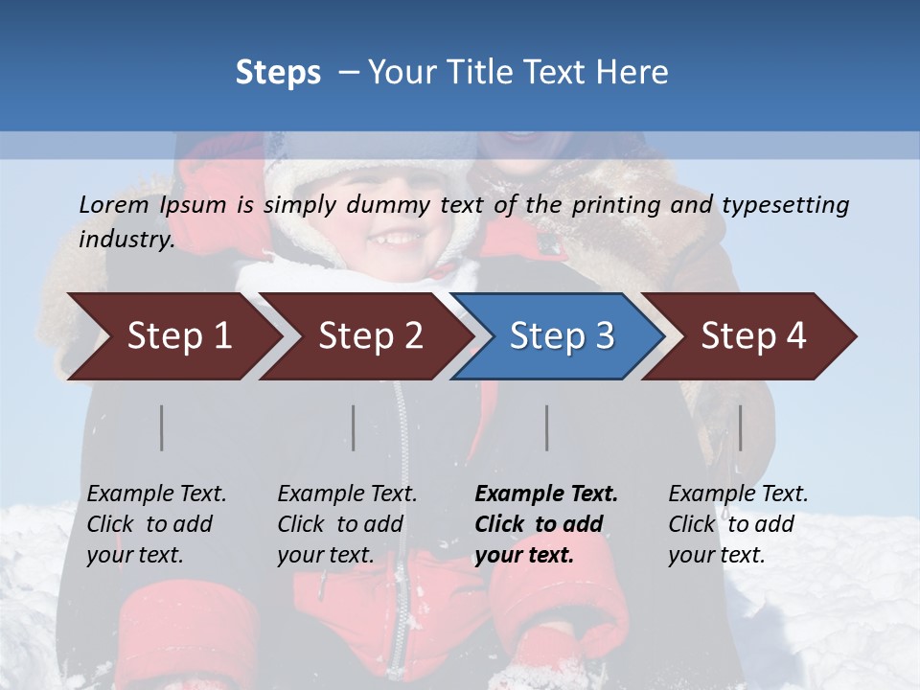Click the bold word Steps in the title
[x=278, y=73]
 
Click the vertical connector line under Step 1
[x=162, y=427]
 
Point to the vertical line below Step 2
[x=354, y=427]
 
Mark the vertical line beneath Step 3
[x=547, y=427]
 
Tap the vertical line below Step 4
[x=741, y=427]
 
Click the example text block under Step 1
[x=156, y=524]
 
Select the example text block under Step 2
[x=347, y=524]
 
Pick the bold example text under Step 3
[x=546, y=524]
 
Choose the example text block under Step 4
[x=738, y=524]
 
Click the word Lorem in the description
[x=114, y=204]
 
